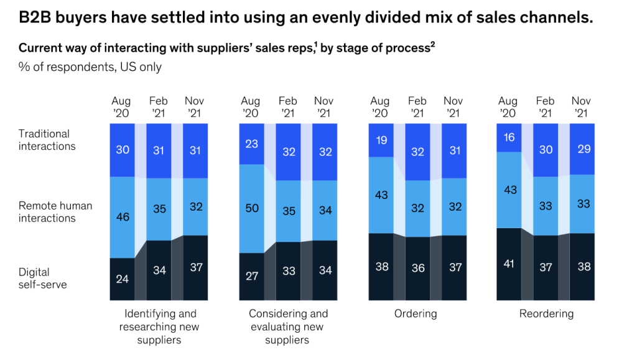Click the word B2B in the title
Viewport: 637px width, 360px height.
click(35, 17)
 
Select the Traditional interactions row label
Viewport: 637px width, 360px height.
click(47, 140)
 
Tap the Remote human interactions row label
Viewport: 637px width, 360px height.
click(55, 212)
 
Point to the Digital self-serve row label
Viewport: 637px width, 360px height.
click(43, 278)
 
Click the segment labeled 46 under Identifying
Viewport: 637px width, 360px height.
click(123, 217)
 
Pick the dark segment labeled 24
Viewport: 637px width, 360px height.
click(123, 279)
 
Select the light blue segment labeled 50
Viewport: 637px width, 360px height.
click(251, 209)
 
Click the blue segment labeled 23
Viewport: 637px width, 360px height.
click(251, 144)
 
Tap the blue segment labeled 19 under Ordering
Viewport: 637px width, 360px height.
click(381, 141)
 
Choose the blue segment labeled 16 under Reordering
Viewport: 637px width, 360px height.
click(509, 138)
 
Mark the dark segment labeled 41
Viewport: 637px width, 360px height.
click(509, 264)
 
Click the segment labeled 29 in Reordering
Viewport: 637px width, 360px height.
click(582, 149)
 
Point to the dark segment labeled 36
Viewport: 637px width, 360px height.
click(417, 269)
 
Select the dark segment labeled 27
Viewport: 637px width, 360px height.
click(251, 277)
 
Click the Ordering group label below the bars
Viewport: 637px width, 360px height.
click(416, 314)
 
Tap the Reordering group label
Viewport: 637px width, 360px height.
click(546, 314)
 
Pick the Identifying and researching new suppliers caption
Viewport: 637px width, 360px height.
click(159, 326)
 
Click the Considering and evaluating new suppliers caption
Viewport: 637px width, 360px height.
click(288, 326)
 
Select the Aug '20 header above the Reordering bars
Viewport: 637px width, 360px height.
click(508, 107)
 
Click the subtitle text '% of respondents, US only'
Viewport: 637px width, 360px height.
click(90, 67)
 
